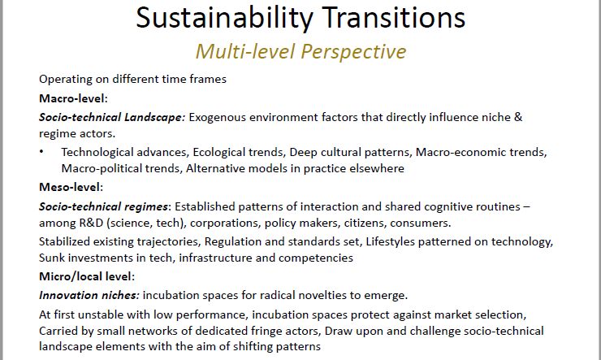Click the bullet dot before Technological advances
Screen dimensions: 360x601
pos(41,152)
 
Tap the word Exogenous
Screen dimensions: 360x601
pos(219,117)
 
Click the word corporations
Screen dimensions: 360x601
pos(222,223)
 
